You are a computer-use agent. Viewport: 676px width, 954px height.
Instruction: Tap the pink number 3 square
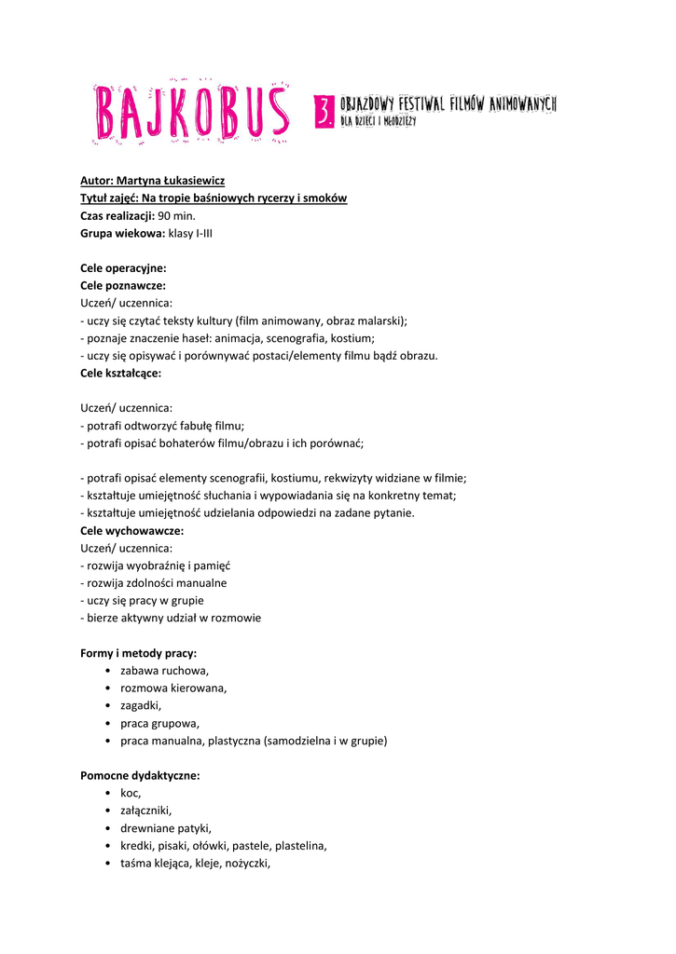tap(324, 112)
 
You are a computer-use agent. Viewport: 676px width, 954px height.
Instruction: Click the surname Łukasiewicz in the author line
tap(190, 181)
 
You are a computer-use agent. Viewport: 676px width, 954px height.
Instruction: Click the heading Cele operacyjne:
tap(123, 268)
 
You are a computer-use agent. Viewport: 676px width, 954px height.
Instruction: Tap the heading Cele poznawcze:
tap(123, 286)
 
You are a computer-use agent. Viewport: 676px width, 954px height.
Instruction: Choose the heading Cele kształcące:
tap(121, 373)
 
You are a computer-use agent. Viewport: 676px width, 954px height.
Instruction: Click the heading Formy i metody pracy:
tap(138, 653)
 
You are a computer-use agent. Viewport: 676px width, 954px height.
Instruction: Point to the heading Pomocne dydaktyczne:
tap(140, 775)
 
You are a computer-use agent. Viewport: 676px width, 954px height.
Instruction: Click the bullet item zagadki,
tap(141, 705)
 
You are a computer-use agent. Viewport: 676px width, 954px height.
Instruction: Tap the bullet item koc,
tap(131, 793)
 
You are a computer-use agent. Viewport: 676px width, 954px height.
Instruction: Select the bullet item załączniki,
tap(146, 811)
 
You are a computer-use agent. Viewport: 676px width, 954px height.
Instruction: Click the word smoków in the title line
tap(325, 198)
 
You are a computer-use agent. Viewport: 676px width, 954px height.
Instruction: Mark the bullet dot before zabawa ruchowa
tap(110, 671)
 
